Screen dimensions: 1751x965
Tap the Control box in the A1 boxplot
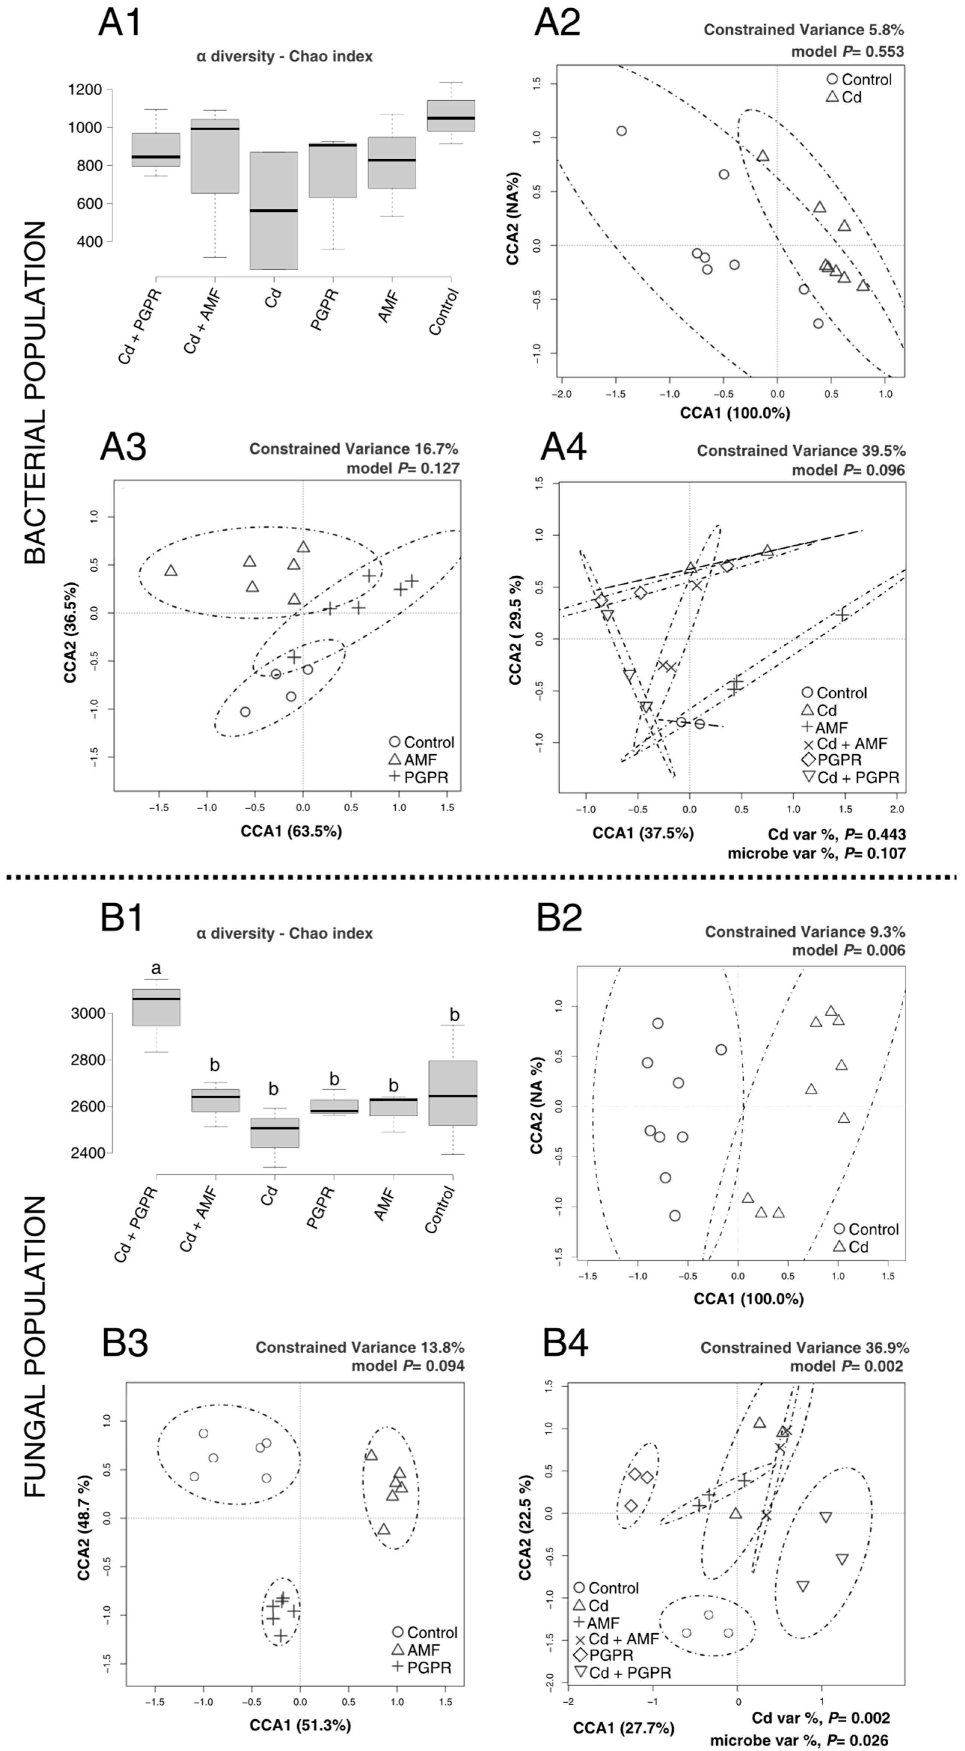[451, 116]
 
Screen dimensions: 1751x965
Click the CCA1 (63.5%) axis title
[291, 831]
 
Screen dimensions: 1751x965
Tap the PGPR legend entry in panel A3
[419, 777]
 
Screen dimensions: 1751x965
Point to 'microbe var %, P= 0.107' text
[817, 853]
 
